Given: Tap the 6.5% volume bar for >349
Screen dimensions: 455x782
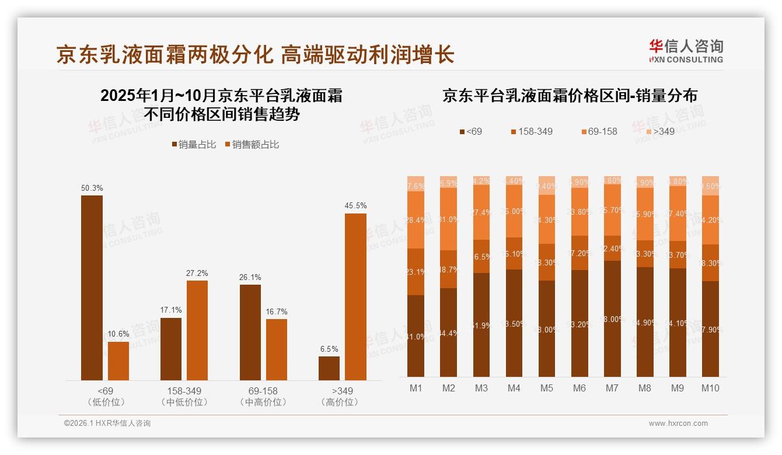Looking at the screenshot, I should [329, 368].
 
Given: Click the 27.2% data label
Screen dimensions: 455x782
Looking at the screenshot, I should [197, 273].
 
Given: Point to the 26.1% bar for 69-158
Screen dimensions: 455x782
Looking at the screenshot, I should [250, 332].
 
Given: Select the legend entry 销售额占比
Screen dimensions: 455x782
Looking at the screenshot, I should [252, 145].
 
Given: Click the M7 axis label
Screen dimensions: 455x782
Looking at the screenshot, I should [612, 388].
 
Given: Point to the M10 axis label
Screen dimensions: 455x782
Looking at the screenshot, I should [710, 388].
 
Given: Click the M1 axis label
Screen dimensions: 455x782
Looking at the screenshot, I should [416, 388].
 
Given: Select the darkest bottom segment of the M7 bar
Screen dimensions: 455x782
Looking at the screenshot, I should [612, 318].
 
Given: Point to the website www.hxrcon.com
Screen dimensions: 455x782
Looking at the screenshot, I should [678, 423].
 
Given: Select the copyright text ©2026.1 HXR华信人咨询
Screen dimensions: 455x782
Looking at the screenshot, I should [107, 423].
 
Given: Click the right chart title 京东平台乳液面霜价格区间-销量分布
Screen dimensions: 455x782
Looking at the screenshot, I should [570, 96].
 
